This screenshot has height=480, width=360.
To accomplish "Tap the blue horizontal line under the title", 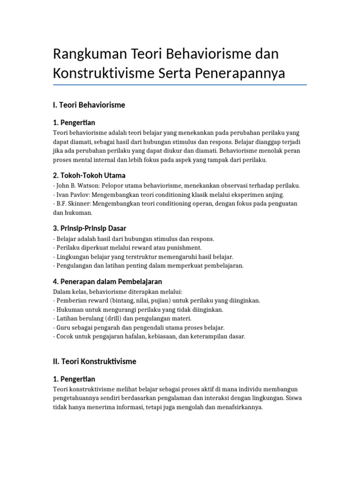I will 180,85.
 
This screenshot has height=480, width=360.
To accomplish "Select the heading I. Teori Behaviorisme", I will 89,105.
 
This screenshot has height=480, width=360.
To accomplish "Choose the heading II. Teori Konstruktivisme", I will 95,361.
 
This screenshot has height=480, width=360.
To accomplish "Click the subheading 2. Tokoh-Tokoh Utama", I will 90,176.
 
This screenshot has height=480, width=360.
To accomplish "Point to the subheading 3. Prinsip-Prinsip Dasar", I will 90,228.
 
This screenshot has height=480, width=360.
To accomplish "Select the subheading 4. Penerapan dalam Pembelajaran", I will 107,281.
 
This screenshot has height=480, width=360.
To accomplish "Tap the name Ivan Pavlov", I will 72,195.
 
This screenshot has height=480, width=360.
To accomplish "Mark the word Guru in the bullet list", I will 64,328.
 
